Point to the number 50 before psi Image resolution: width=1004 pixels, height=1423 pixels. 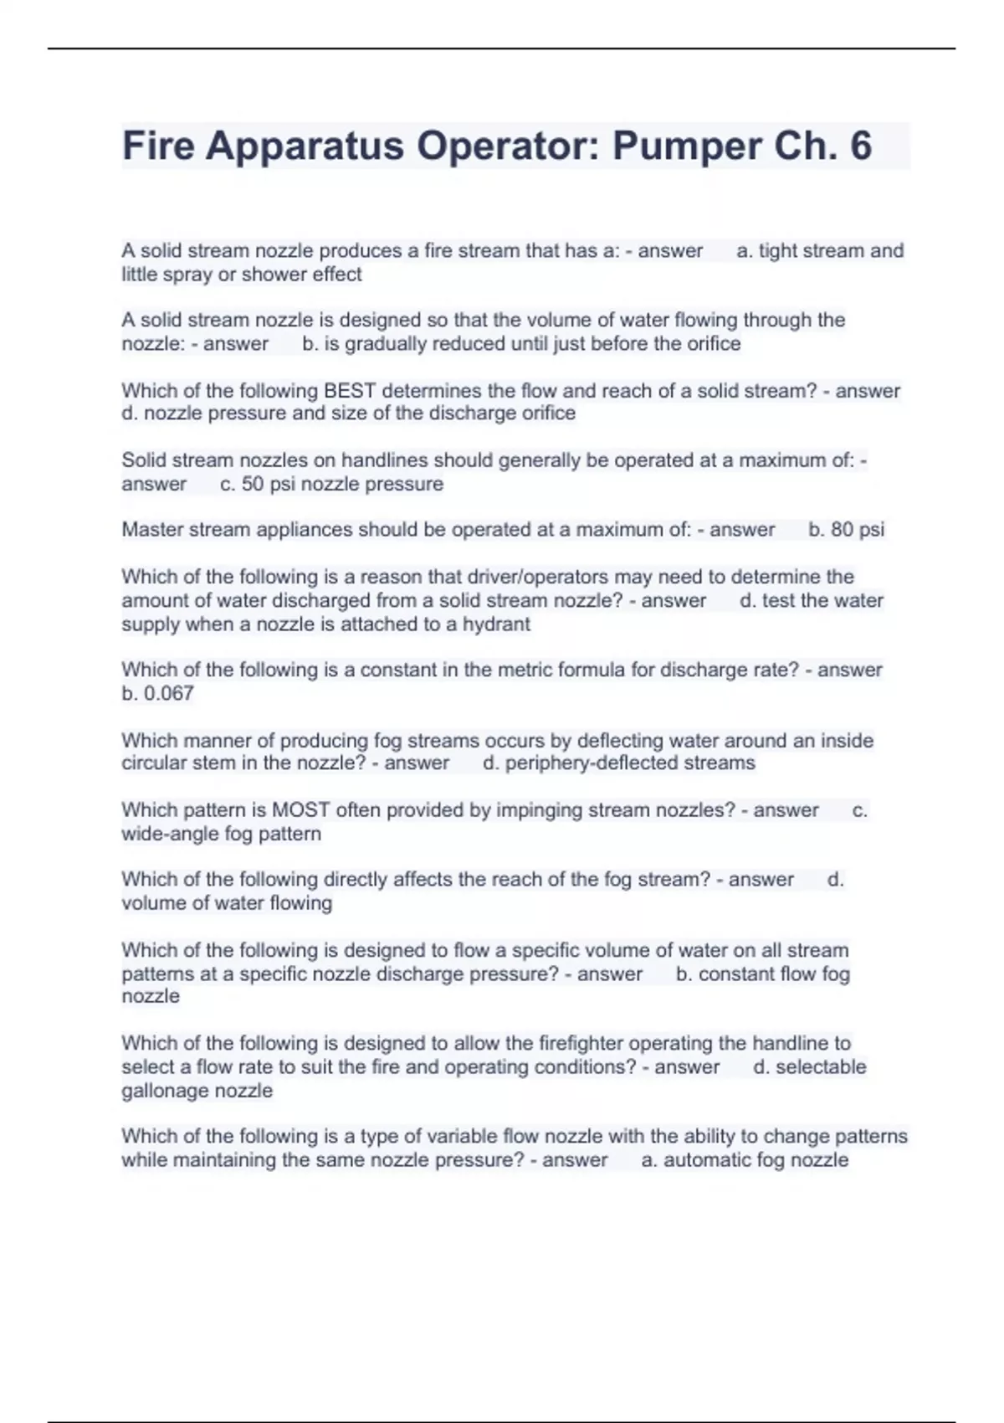click(x=253, y=484)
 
